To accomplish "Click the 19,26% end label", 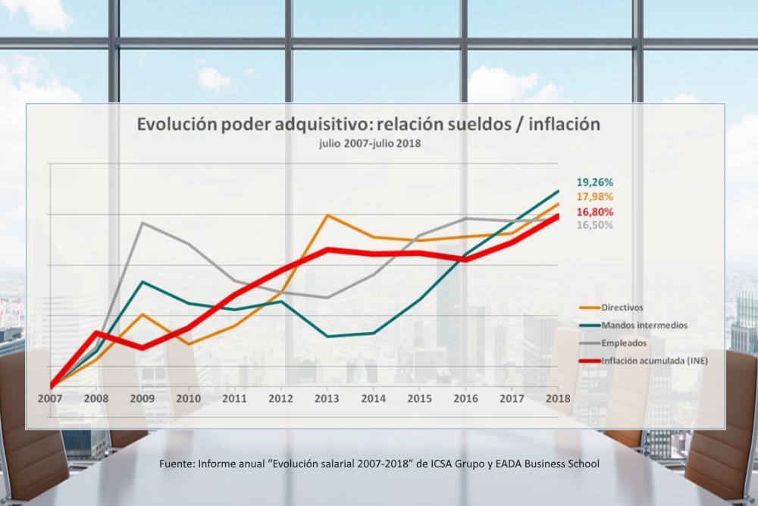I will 594,183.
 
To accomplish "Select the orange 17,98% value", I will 594,197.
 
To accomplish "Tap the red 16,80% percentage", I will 594,211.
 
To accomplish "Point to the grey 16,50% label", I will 594,225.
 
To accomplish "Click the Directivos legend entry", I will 622,308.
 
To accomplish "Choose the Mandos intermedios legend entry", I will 644,325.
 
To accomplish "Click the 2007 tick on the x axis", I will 51,398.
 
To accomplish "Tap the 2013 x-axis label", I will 327,398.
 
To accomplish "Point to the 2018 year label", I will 558,398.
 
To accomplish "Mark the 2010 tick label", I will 189,398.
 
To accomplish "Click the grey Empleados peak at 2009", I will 143,223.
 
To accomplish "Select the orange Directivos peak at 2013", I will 327,215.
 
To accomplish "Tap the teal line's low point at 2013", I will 327,336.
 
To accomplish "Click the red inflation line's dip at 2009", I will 143,348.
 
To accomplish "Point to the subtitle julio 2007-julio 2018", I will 370,143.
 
